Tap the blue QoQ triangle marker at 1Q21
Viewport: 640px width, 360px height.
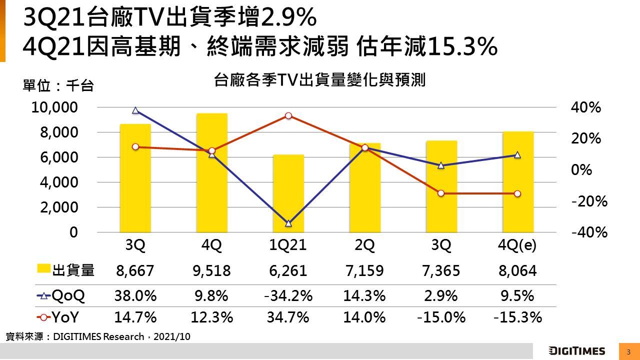288,223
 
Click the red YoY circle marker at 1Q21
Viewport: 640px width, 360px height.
288,116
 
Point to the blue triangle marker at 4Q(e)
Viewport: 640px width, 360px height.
517,155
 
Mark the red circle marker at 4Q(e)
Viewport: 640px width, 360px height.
517,193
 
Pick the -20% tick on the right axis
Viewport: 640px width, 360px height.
588,201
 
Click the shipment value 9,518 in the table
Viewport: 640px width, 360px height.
211,271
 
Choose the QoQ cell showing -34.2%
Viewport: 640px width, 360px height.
288,296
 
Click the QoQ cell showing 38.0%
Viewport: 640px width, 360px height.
135,296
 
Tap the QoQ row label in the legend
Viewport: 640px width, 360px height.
68,296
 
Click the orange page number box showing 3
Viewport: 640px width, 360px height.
628,351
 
